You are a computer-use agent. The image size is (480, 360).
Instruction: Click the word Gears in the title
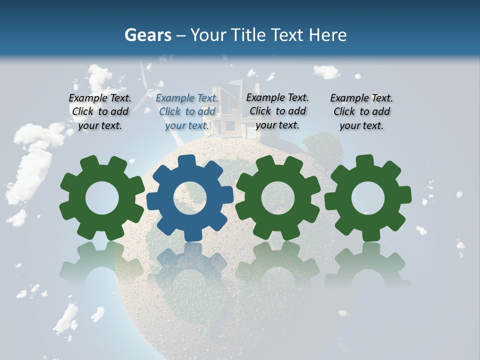[147, 35]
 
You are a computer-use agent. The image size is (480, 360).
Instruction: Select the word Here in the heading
[327, 35]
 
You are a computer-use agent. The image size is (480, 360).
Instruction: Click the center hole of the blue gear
[190, 198]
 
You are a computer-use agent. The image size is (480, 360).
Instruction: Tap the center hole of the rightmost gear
[368, 198]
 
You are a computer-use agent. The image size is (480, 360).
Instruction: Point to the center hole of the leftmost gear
[102, 198]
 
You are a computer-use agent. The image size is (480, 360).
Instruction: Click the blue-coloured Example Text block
[187, 111]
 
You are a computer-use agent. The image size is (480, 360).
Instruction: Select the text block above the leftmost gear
[100, 111]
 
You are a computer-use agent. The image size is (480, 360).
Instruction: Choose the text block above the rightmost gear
[361, 111]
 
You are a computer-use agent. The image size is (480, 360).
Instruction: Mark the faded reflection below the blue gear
[190, 265]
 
